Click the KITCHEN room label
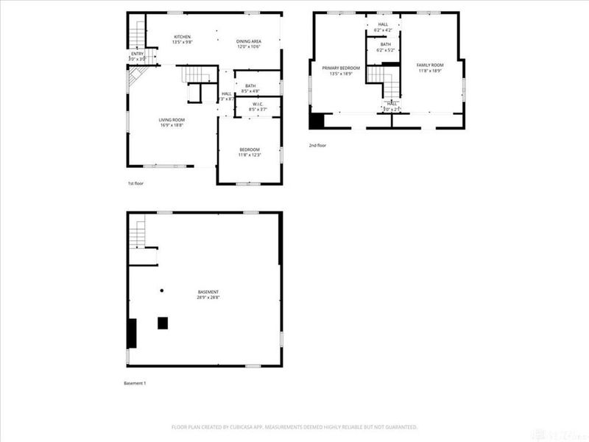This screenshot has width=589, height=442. (182, 37)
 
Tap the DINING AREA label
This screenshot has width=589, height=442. (249, 41)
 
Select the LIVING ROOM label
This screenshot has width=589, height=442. (172, 119)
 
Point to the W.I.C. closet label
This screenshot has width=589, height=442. (258, 104)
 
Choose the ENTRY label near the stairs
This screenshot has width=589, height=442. (138, 53)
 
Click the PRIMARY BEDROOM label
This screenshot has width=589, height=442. (340, 68)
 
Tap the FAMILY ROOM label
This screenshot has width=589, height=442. (429, 65)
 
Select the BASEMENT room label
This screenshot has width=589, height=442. (208, 292)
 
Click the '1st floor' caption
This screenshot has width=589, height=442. (136, 183)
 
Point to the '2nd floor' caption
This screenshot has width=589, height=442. (317, 145)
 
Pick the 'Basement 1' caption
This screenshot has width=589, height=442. (135, 383)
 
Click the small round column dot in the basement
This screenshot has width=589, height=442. (162, 290)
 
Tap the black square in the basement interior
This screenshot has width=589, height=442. (162, 322)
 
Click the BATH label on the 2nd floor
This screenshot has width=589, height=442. (386, 44)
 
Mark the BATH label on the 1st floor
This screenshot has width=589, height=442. (250, 86)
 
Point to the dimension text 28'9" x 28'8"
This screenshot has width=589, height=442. (208, 297)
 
